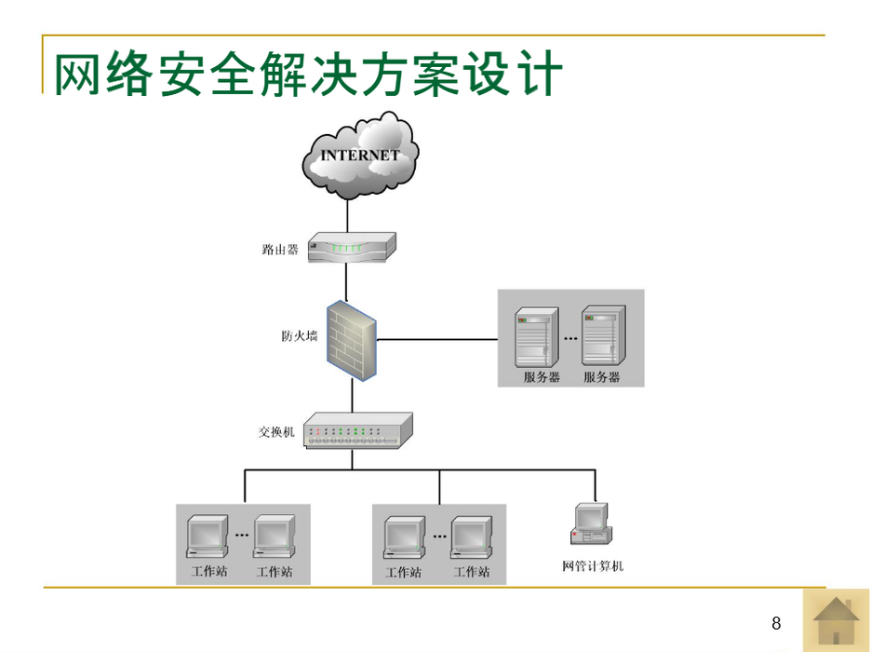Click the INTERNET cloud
pos(360,156)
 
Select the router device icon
pos(352,248)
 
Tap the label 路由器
pos(280,250)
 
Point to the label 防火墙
pos(300,335)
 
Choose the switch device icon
pos(357,430)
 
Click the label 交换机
pos(276,432)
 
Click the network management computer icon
pos(592,524)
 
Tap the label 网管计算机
pos(593,566)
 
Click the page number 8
pos(776,623)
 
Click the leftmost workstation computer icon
pos(207,537)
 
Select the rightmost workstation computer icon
pos(471,537)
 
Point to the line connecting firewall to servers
pos(437,339)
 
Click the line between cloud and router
pos(347,214)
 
